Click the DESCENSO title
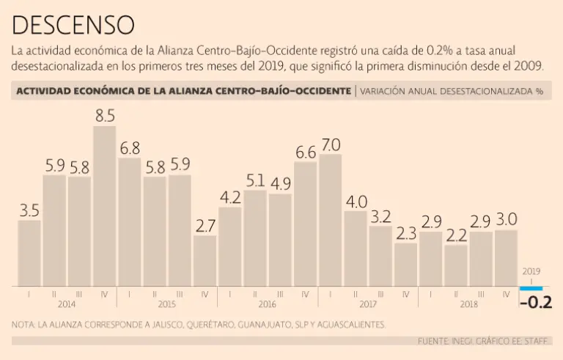73,24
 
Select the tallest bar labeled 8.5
104,205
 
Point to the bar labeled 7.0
331,220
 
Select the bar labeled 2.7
205,260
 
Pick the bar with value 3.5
29,253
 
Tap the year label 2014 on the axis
67,303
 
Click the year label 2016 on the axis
268,303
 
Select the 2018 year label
468,303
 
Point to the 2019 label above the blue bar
531,271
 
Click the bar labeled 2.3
405,264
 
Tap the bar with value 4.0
356,248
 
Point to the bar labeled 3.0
506,257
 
